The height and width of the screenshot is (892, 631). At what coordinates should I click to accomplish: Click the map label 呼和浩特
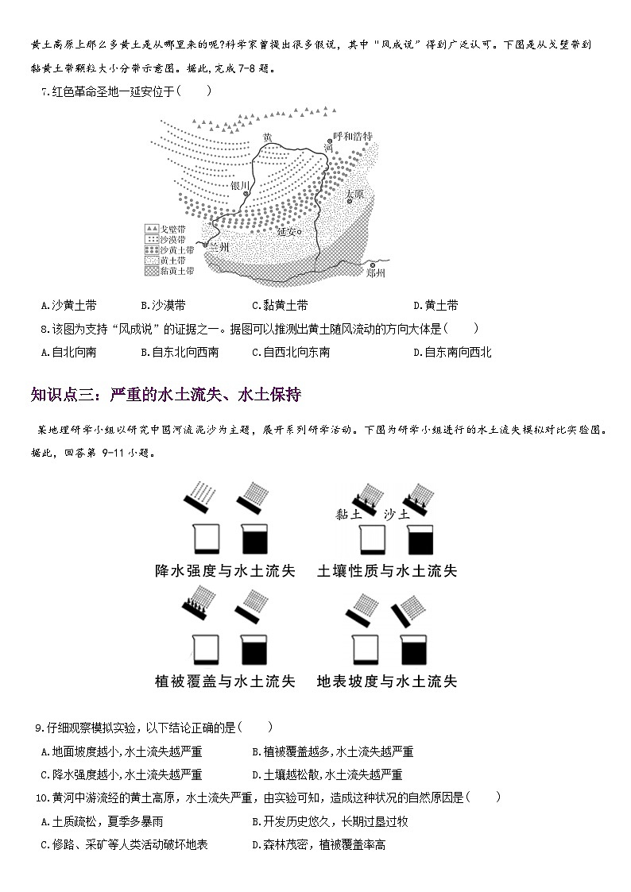(353, 137)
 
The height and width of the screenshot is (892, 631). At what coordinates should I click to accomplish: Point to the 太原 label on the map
(354, 194)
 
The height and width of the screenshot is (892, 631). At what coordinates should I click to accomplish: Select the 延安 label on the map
(287, 233)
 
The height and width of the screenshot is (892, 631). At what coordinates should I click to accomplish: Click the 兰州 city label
(218, 247)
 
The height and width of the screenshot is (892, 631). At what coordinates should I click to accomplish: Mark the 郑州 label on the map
(376, 274)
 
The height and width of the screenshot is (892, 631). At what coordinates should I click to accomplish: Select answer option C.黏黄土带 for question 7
(279, 305)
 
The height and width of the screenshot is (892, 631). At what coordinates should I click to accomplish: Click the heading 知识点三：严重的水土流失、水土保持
(165, 395)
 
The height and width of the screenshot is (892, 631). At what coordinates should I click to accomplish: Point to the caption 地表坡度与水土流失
(387, 681)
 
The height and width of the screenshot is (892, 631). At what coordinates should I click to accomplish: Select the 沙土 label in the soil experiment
(396, 514)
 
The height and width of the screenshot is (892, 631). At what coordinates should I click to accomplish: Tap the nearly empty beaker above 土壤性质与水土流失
(372, 540)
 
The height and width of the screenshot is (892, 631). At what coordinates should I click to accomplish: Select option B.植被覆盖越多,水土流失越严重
(332, 751)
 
